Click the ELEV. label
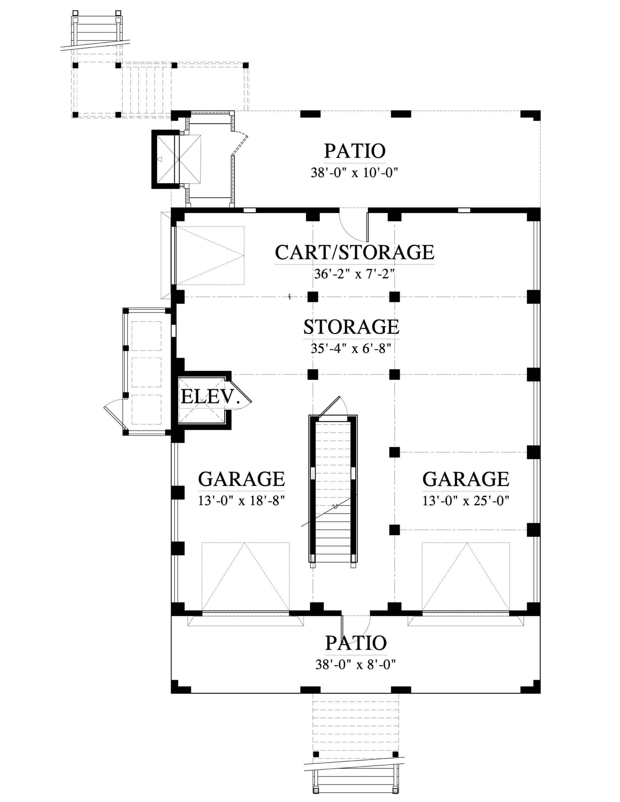[x=210, y=397]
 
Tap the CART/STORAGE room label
[x=355, y=252]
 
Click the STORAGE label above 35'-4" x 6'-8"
[x=351, y=327]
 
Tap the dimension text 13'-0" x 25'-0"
[x=466, y=501]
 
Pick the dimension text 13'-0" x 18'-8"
[x=241, y=501]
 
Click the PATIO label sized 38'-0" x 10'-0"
[x=355, y=151]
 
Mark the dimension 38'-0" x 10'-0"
[x=355, y=172]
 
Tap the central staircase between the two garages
[x=333, y=491]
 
